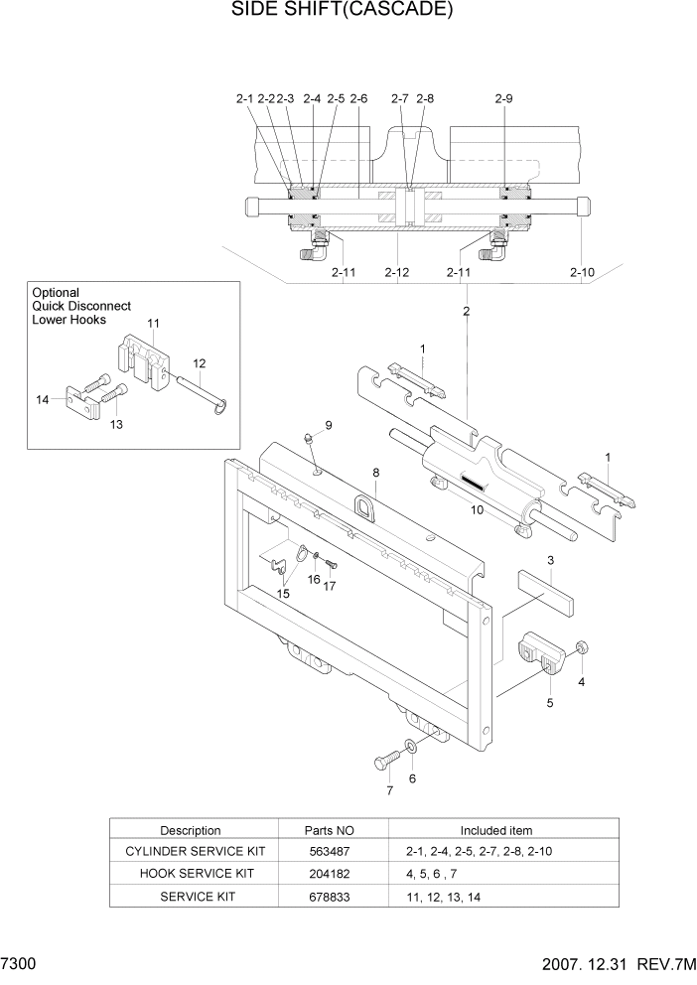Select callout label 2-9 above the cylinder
(503, 98)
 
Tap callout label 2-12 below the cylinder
(396, 272)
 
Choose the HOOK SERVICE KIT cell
(190, 873)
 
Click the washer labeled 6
(411, 747)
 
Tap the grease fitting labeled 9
(309, 439)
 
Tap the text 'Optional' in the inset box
(56, 293)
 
